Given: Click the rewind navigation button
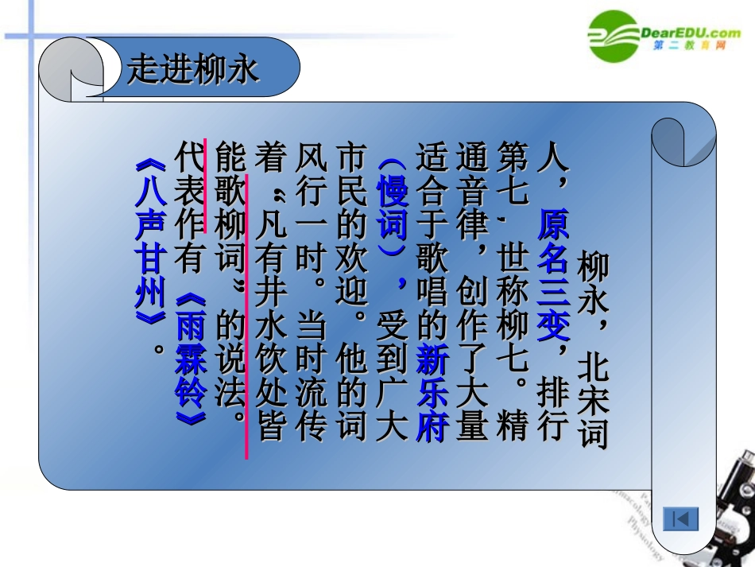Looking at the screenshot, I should coord(681,519).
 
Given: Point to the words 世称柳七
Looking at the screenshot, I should coord(511,303).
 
